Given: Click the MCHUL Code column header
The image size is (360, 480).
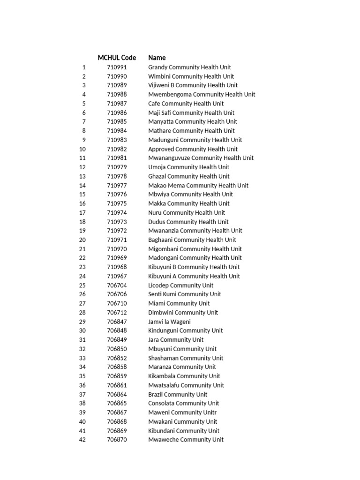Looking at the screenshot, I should click(x=117, y=58).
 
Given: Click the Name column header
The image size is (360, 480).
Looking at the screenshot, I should click(x=157, y=58).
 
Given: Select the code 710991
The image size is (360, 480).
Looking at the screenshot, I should click(x=117, y=67).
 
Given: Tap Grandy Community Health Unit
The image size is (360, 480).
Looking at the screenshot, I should click(x=189, y=67).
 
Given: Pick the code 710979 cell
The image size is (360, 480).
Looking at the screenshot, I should click(x=117, y=167).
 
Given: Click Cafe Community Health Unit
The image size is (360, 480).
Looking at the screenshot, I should click(x=186, y=104).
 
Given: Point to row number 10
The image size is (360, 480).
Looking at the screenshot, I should click(x=82, y=149).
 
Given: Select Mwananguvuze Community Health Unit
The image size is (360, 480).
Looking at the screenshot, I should click(x=201, y=158).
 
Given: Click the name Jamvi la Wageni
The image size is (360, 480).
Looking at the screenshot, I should click(x=169, y=322).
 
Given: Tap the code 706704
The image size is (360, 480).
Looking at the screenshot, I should click(x=117, y=285).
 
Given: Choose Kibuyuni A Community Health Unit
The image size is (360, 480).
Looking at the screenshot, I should click(x=194, y=276).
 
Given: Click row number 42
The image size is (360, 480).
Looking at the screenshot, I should click(x=82, y=440).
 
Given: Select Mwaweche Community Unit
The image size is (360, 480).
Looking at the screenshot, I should click(x=186, y=440).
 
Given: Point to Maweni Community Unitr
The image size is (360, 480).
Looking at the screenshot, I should click(x=182, y=412).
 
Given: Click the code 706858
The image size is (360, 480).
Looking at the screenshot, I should click(x=117, y=367).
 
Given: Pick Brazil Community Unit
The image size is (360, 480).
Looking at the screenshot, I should click(x=178, y=394).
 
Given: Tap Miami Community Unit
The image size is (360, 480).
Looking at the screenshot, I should click(x=179, y=303).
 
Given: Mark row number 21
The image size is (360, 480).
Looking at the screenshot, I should click(x=82, y=249).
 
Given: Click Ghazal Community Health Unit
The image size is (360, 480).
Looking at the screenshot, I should click(x=189, y=176).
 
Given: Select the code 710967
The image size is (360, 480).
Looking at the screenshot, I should click(x=117, y=276).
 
